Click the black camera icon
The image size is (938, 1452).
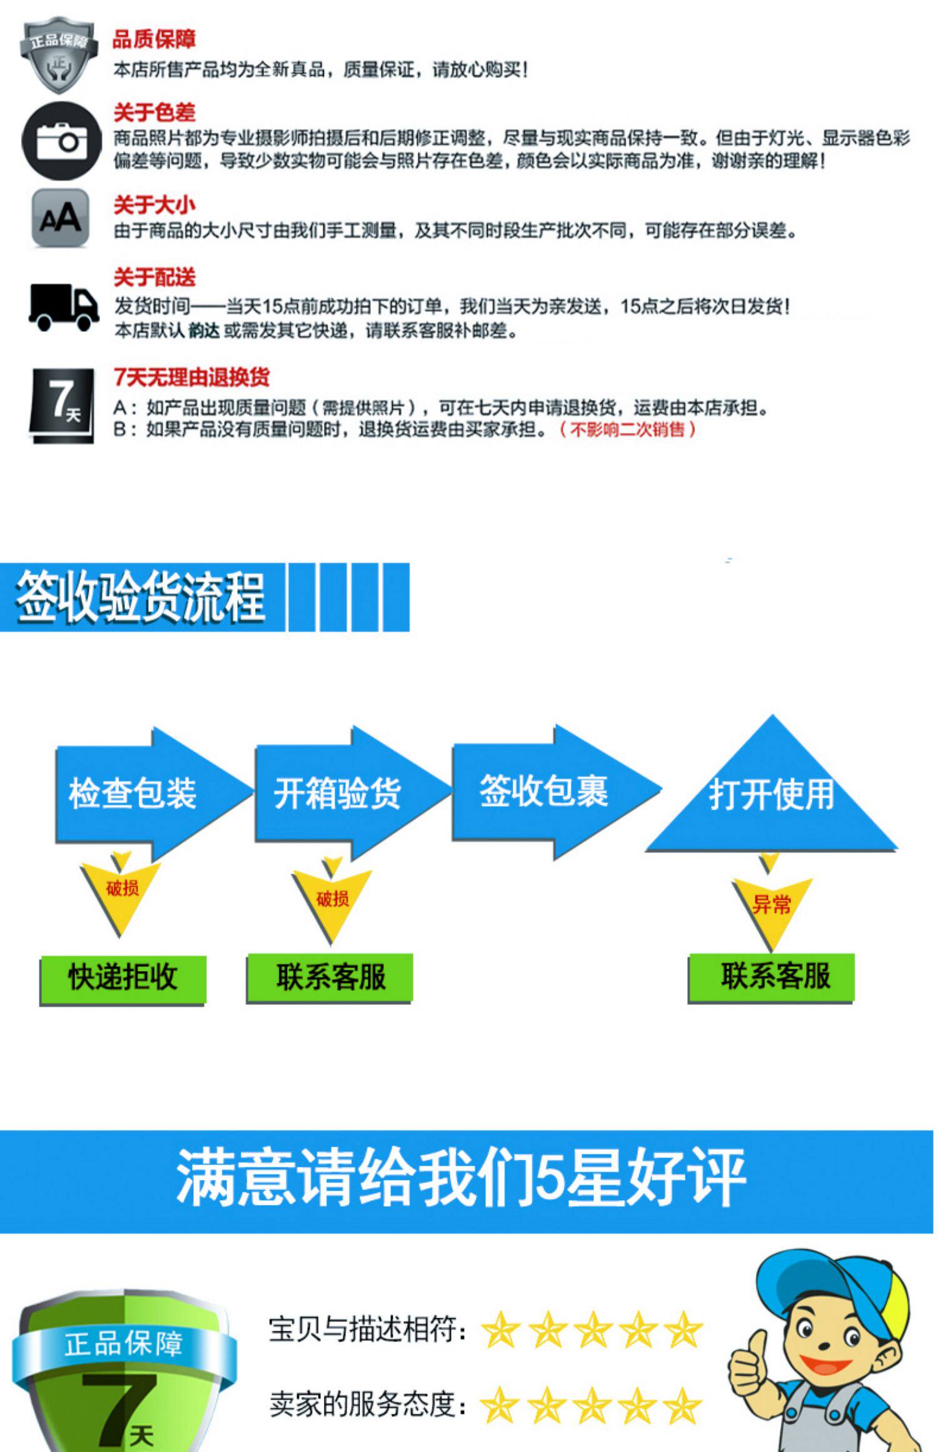pos(61,141)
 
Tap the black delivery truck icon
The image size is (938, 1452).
pos(63,307)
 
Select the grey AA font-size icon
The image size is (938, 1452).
pos(60,218)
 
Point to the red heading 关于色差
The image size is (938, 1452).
pos(154,113)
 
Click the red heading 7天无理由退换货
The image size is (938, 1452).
pos(191,377)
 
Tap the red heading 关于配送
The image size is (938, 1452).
pos(154,277)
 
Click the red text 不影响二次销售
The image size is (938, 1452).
pos(627,430)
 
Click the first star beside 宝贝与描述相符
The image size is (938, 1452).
pos(501,1330)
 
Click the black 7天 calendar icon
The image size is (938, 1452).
pos(63,405)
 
